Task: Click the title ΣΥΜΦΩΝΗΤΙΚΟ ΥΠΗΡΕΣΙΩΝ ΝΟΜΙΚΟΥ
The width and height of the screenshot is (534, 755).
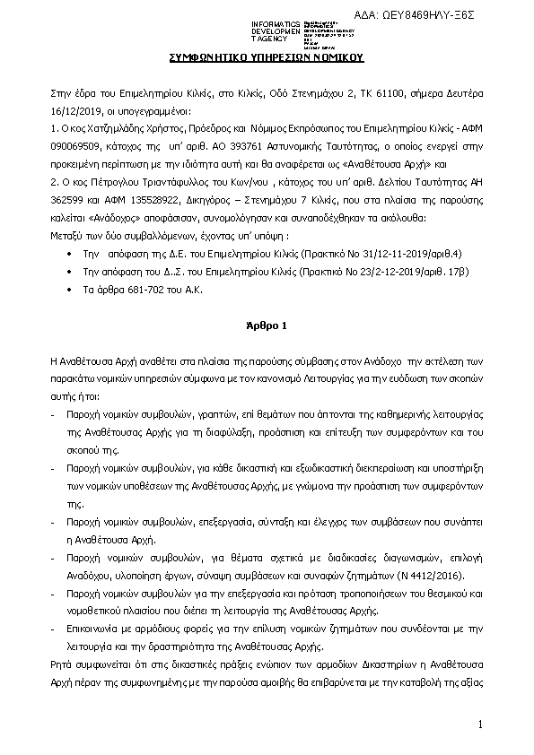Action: click(267, 56)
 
